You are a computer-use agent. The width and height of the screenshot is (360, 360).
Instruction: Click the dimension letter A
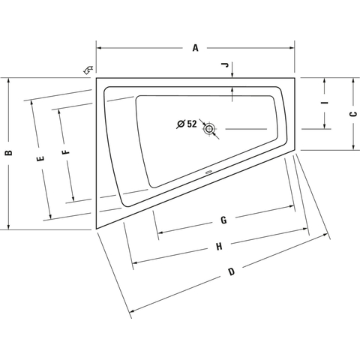195,48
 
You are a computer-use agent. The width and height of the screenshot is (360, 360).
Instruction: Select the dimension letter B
9,153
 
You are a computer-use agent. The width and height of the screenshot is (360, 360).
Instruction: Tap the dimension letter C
353,114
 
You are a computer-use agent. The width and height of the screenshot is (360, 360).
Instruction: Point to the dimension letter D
232,271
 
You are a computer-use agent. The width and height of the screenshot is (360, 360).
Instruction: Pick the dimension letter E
40,158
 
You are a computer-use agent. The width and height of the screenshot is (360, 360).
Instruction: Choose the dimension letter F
66,152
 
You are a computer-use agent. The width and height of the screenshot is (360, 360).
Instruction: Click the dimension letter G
223,220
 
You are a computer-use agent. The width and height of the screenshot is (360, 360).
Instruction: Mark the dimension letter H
219,247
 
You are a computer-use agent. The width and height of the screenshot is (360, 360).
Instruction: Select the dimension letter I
325,103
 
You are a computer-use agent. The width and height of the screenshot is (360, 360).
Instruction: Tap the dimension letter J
226,65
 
